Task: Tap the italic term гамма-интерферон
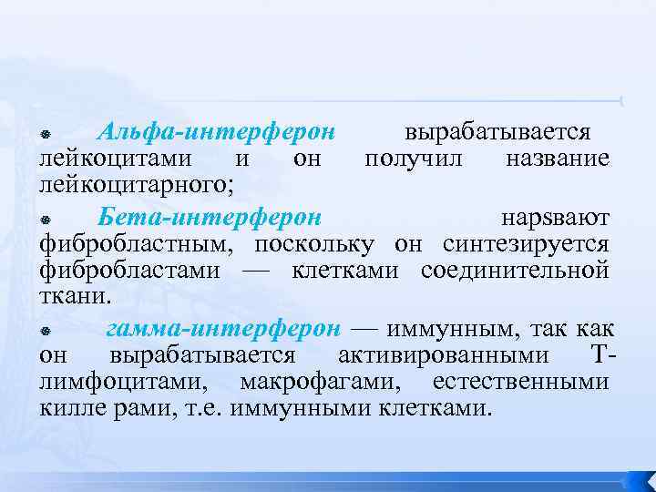[223, 328]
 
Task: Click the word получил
[415, 159]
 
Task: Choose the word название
[557, 159]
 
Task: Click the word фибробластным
[138, 244]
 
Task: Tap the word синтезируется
[526, 244]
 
